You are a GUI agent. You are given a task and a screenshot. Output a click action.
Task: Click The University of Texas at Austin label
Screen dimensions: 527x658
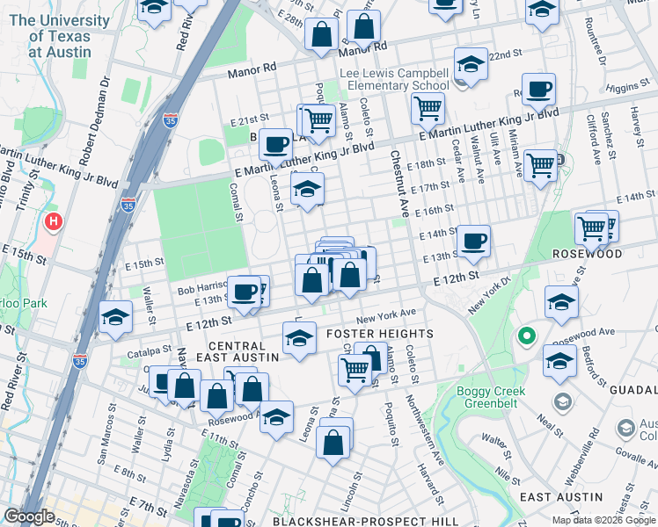click(x=59, y=36)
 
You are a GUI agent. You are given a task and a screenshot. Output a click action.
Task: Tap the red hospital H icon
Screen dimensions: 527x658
click(x=55, y=223)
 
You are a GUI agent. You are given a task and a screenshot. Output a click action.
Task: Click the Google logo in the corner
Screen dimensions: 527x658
click(x=29, y=516)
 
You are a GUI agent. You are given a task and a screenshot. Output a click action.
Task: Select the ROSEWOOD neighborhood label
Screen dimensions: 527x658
click(x=611, y=254)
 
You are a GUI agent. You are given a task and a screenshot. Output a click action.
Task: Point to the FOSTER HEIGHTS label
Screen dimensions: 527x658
click(x=380, y=334)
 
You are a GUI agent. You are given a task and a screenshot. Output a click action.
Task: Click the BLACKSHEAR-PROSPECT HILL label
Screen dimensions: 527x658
click(x=365, y=521)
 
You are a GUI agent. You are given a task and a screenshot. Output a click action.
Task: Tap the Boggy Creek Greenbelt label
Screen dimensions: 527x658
click(x=493, y=397)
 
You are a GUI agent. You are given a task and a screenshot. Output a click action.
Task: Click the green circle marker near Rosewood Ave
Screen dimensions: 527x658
click(x=527, y=336)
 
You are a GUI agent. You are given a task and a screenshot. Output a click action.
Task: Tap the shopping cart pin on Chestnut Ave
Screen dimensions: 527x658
click(x=428, y=109)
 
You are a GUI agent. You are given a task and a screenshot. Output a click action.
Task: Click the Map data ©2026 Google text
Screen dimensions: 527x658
click(x=603, y=520)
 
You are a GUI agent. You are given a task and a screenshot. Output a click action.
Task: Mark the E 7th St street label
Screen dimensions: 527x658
click(x=148, y=508)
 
